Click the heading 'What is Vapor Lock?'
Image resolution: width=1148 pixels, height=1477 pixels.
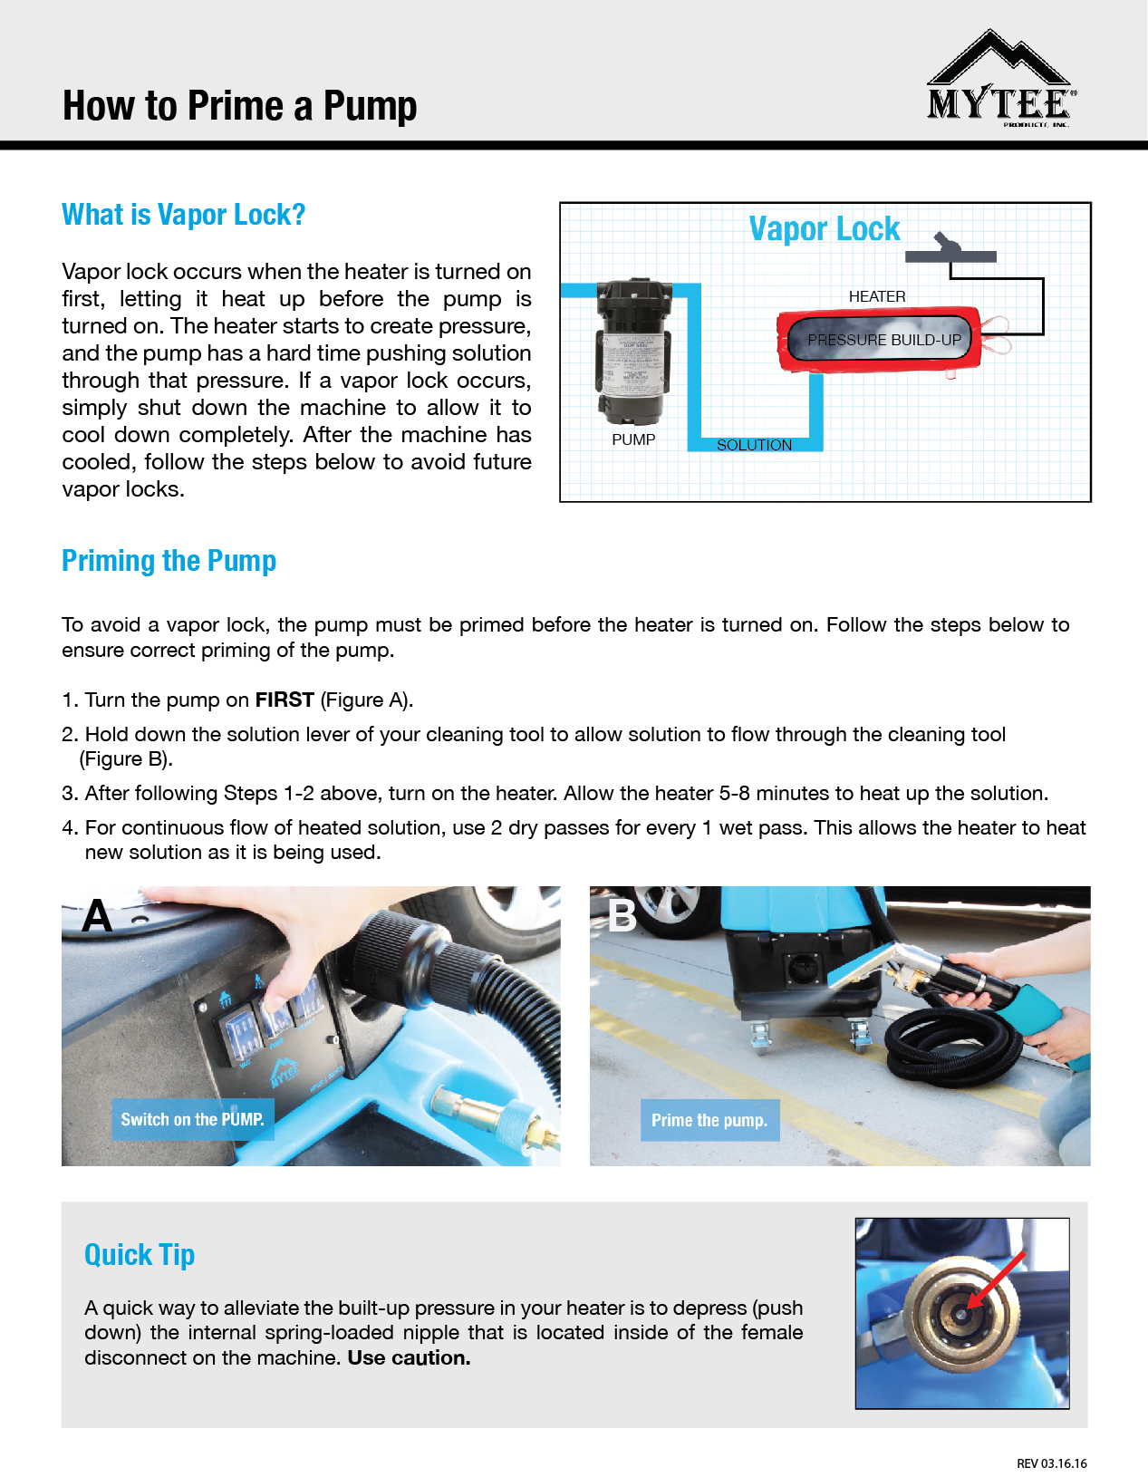pos(183,215)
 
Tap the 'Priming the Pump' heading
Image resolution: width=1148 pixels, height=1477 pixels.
pos(169,561)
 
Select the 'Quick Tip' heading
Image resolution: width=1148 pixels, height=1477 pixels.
pos(140,1255)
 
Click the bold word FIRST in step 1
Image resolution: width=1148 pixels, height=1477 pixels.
pos(285,700)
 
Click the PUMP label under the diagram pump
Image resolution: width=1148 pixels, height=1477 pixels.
pos(633,439)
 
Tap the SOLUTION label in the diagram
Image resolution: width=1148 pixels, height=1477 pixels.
pos(754,445)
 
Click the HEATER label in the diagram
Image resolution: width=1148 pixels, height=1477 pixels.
pos(876,296)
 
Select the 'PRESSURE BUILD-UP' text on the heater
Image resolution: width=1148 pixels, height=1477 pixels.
pos(883,340)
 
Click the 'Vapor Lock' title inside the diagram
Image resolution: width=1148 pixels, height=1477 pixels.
pos(824,229)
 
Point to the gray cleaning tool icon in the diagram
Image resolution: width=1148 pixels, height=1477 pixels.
pos(950,251)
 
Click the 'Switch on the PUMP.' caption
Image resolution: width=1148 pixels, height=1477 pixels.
pos(192,1120)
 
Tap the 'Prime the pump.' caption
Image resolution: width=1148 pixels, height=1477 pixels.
pos(709,1121)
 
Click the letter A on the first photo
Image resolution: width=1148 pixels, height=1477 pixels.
pos(97,916)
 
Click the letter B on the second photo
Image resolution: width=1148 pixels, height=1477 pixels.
pos(622,916)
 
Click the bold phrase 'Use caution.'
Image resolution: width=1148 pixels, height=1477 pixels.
pos(409,1358)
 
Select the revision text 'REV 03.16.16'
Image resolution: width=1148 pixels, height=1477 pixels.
pos(1051,1463)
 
